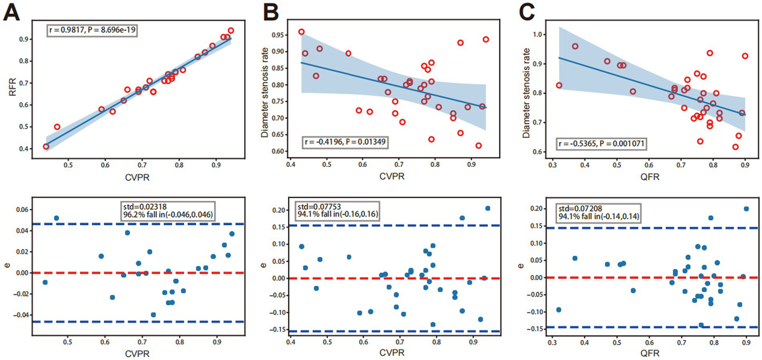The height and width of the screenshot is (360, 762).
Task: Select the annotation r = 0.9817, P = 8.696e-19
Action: click(93, 30)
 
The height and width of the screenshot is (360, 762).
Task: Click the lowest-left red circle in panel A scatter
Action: click(46, 146)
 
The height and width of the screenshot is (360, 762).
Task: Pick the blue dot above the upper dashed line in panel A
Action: click(56, 218)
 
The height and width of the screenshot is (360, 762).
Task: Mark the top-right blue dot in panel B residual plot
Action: click(487, 209)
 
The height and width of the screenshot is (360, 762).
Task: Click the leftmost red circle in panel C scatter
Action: click(559, 85)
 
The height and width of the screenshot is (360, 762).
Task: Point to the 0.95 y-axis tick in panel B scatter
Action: click(279, 35)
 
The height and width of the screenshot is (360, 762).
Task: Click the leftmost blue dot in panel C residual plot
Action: click(558, 310)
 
